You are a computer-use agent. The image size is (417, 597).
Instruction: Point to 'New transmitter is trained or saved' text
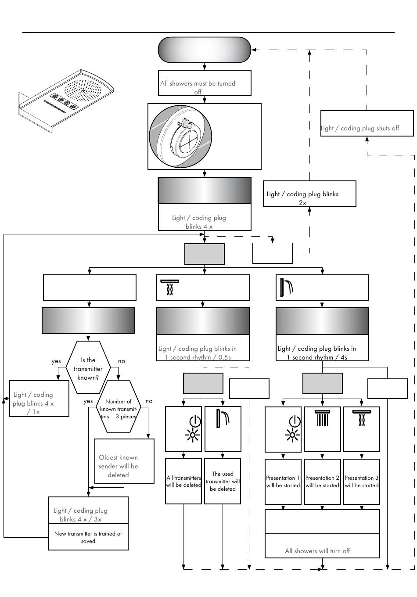click(x=88, y=537)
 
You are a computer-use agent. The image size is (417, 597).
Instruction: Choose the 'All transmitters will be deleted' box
click(x=183, y=482)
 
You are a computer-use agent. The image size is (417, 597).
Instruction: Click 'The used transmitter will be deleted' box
click(x=223, y=481)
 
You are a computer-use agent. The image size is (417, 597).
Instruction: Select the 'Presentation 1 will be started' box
click(x=283, y=482)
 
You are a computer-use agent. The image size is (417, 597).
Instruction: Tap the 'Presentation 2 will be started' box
click(x=322, y=482)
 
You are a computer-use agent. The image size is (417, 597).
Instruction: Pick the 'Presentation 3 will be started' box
click(x=361, y=482)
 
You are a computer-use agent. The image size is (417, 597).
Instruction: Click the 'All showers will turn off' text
click(x=317, y=551)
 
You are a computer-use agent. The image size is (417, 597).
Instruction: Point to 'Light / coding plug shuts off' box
click(x=367, y=124)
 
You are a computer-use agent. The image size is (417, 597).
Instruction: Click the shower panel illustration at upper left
click(x=66, y=101)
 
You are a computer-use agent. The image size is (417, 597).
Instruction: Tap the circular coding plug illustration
click(x=181, y=137)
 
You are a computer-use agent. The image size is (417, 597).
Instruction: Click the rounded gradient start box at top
click(x=205, y=50)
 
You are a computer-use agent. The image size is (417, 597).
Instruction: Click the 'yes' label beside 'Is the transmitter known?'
click(x=56, y=361)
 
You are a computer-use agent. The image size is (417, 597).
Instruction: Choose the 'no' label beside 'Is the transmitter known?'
click(x=122, y=361)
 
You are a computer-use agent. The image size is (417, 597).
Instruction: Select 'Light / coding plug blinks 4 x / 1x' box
click(x=40, y=399)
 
